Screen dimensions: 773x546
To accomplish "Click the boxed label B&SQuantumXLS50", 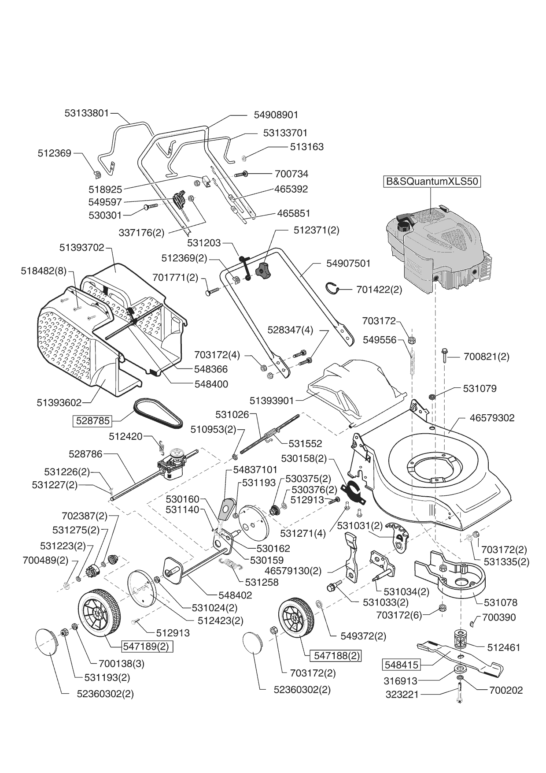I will pos(432,182).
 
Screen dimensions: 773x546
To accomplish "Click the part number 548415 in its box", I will pos(401,664).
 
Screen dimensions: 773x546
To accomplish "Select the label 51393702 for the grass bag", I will pos(82,248).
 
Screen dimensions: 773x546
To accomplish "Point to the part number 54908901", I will pos(276,115).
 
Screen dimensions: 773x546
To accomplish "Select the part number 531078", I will pos(500,602).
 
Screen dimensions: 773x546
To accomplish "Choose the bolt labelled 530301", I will pos(151,206).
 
